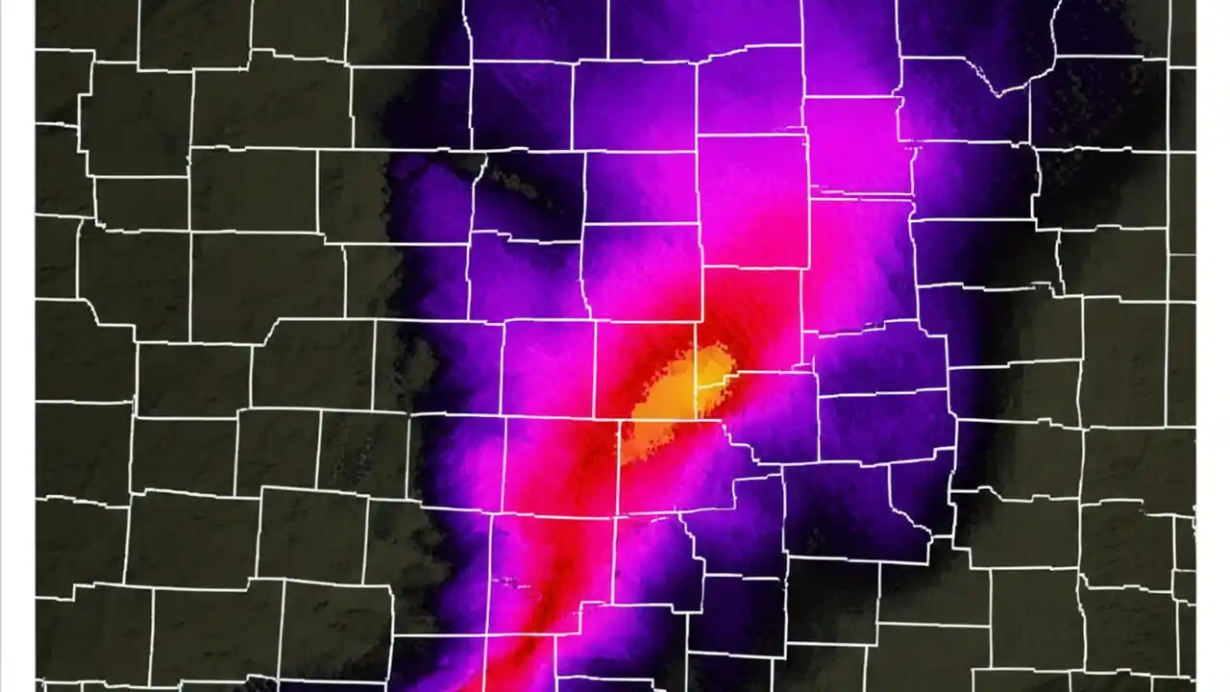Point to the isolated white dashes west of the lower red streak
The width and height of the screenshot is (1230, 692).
tap(508, 581)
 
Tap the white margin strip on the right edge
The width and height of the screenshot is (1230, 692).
tap(1213, 346)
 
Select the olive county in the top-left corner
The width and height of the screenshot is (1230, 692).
tap(86, 29)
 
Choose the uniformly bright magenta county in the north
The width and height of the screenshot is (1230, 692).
tap(855, 144)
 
